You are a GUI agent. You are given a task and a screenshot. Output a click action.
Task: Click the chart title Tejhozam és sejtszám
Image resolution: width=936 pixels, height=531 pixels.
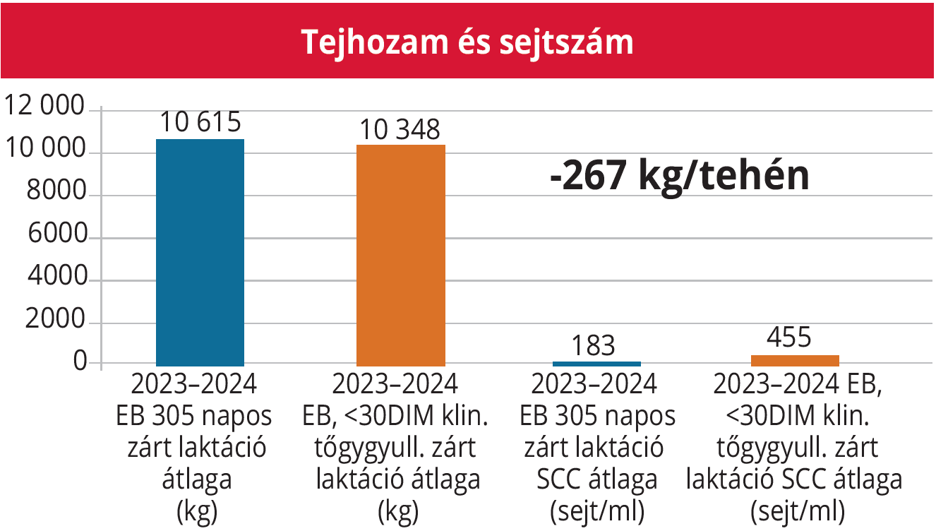point(467,42)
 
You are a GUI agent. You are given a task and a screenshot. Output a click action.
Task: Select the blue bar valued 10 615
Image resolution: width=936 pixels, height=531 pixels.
point(200,251)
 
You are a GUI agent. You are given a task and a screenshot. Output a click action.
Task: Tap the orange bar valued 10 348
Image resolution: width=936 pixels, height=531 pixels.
point(401,254)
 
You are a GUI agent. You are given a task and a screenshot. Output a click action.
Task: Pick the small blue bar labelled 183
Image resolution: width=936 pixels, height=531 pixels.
point(596,363)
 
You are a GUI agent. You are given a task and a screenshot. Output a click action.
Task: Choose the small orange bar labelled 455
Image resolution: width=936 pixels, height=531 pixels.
point(795,360)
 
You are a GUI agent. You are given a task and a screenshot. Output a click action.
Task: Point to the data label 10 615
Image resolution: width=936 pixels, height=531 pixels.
point(200,123)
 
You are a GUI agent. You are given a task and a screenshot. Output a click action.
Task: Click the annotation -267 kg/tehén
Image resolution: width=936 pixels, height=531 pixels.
point(679,177)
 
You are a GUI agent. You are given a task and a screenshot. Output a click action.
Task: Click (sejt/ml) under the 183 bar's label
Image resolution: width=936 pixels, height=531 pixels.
point(597,511)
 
